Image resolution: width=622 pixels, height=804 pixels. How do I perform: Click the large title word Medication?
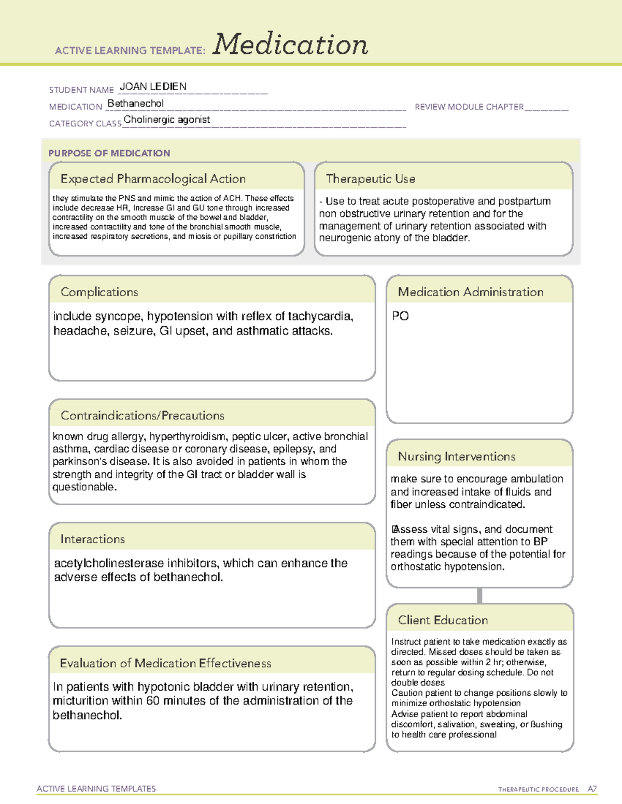[x=290, y=45]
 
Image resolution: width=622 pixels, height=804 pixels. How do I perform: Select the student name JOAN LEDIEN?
[x=153, y=86]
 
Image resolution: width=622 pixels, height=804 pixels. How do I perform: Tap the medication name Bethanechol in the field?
[x=135, y=104]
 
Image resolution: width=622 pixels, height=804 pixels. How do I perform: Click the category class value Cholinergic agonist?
[x=167, y=120]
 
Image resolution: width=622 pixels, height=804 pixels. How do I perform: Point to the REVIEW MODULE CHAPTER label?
[x=469, y=107]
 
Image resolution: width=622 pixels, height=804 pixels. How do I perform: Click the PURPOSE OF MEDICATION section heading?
[x=109, y=153]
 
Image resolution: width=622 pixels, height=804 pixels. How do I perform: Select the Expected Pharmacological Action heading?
[x=153, y=179]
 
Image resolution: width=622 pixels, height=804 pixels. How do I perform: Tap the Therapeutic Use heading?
[x=370, y=179]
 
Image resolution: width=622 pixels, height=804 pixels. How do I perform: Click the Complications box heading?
[x=99, y=292]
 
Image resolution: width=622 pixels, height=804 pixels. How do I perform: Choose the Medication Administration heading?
[x=470, y=292]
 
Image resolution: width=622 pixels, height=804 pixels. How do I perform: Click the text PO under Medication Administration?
[x=400, y=316]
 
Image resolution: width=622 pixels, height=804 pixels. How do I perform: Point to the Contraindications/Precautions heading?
[x=142, y=416]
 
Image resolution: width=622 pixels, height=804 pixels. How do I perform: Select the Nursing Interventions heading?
[x=456, y=457]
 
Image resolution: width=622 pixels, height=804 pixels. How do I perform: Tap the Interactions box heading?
[x=92, y=539]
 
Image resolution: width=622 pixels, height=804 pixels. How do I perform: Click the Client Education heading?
[x=443, y=620]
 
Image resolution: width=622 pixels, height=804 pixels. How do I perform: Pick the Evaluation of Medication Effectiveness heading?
[x=165, y=663]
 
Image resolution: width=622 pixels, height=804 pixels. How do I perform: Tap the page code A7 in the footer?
[x=591, y=789]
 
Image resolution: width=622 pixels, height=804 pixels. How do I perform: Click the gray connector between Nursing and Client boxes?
[x=479, y=595]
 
